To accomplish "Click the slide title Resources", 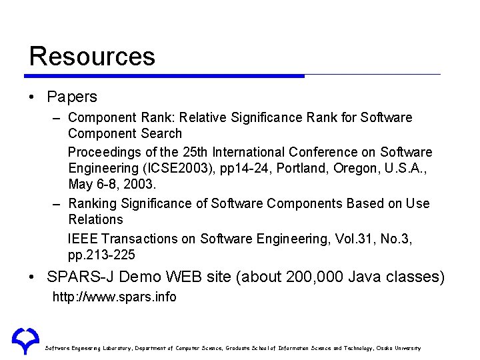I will click(92, 56).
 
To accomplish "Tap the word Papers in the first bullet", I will click(72, 97).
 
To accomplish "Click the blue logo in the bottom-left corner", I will click(25, 341).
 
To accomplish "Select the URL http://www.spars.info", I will click(115, 297).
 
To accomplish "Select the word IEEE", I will click(83, 239).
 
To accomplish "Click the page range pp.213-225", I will click(102, 255).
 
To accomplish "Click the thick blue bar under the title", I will click(167, 75).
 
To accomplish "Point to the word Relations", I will click(96, 219).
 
